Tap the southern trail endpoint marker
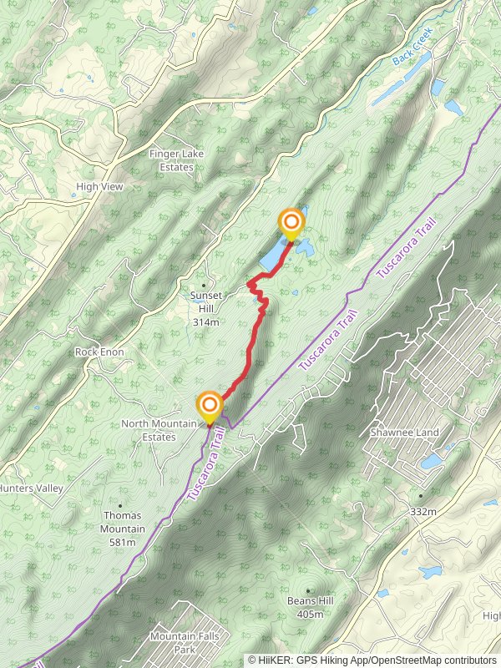tap(208, 407)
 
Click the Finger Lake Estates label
tap(171, 160)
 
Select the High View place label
tap(99, 187)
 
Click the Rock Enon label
tap(99, 352)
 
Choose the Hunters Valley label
tap(30, 488)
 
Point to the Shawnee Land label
tap(403, 433)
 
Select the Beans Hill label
tap(311, 601)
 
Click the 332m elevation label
tap(423, 511)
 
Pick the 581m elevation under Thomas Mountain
tap(122, 543)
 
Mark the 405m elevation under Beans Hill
tap(311, 615)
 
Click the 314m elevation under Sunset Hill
tap(205, 322)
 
